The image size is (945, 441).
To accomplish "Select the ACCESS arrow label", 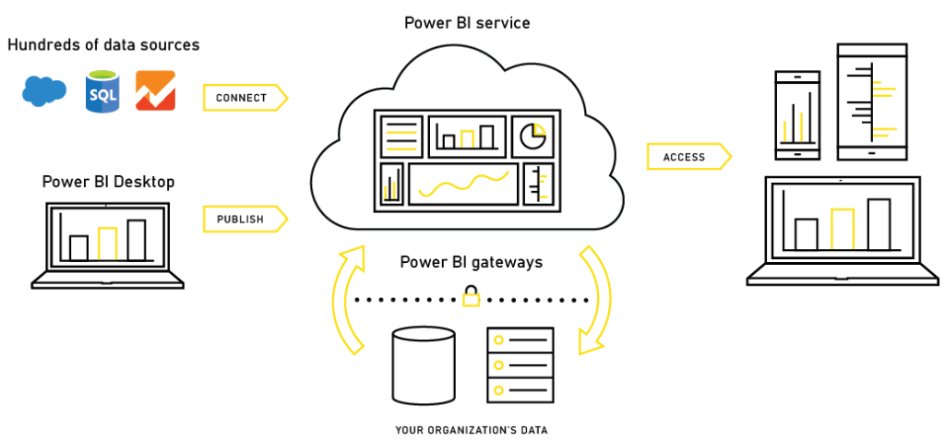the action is pyautogui.click(x=688, y=157).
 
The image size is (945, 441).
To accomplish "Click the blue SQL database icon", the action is pyautogui.click(x=102, y=90).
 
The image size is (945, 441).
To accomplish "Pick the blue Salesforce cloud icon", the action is pyautogui.click(x=44, y=91).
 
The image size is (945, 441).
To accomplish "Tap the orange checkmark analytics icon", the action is pyautogui.click(x=155, y=90).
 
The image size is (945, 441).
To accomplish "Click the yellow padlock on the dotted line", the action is pyautogui.click(x=472, y=296).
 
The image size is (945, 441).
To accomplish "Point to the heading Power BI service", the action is pyautogui.click(x=467, y=23).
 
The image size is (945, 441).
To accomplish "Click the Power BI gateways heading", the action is pyautogui.click(x=472, y=263).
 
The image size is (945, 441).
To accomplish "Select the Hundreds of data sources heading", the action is pyautogui.click(x=103, y=44).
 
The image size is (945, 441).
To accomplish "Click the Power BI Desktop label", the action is pyautogui.click(x=109, y=182).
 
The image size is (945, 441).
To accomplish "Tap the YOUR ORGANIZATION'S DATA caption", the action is pyautogui.click(x=472, y=430).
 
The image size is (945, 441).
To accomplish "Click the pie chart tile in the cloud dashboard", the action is pyautogui.click(x=533, y=137).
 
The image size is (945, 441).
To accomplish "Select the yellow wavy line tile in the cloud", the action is pyautogui.click(x=463, y=184).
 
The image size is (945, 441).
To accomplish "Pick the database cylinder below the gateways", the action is pyautogui.click(x=423, y=365).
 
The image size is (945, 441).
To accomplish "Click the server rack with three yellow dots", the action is pyautogui.click(x=520, y=365).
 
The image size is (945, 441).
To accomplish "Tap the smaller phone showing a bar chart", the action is pyautogui.click(x=796, y=115).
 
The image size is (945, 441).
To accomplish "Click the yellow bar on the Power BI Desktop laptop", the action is pyautogui.click(x=107, y=244).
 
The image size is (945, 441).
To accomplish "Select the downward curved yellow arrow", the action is pyautogui.click(x=594, y=300).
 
